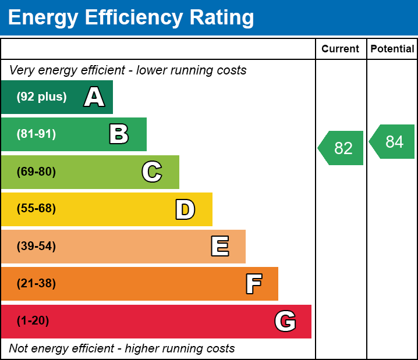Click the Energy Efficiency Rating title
[131, 18]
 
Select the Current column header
[341, 49]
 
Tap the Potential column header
[392, 49]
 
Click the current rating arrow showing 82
[342, 148]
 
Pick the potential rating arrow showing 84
[393, 141]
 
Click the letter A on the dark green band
[94, 97]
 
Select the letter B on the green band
[119, 134]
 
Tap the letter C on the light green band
[152, 172]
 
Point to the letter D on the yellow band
[185, 209]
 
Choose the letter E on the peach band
[219, 247]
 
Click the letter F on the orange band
[253, 284]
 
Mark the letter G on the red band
[285, 321]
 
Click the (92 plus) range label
[41, 97]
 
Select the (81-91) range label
[36, 134]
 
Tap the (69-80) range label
[36, 172]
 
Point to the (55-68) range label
[36, 209]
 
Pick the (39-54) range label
[36, 247]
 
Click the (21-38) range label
[36, 284]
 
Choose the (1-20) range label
[33, 321]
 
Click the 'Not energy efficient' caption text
[122, 349]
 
